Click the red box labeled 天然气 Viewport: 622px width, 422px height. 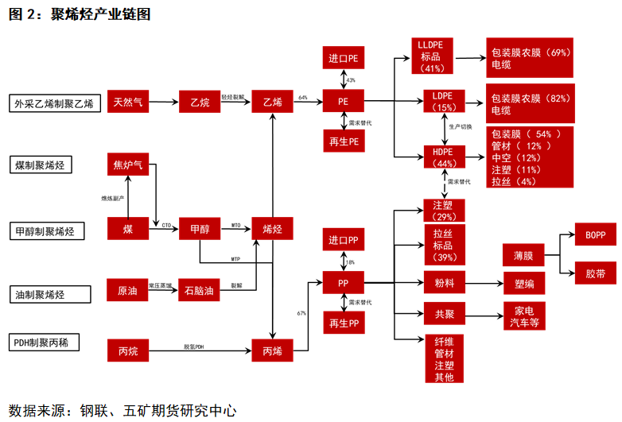[128, 102]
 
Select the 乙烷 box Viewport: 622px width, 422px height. [200, 102]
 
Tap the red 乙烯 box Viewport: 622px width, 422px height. [273, 102]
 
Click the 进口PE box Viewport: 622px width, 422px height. [344, 60]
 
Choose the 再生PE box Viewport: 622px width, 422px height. [344, 141]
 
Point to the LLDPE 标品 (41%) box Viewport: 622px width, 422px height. [430, 56]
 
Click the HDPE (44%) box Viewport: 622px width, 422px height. [445, 157]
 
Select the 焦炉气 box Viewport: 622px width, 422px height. [128, 165]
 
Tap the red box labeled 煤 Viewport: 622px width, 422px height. [128, 229]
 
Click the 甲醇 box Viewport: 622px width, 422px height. [200, 229]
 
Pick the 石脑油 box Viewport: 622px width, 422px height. [200, 291]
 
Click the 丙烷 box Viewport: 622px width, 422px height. [128, 350]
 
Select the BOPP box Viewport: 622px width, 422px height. [595, 235]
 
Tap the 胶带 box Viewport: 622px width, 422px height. [595, 273]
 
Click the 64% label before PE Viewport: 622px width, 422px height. [302, 97]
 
